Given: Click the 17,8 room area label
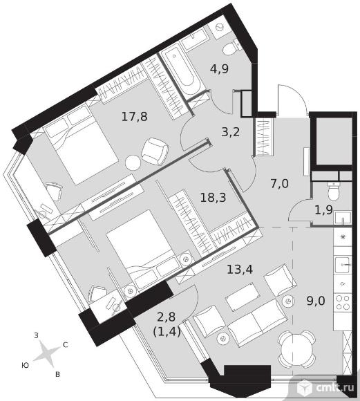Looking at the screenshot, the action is click(135, 117).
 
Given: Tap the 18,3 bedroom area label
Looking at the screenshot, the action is click(214, 198).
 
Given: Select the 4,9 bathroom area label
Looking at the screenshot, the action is click(219, 69).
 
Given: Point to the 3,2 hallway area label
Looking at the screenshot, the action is click(230, 132).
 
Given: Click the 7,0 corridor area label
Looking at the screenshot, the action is click(279, 184).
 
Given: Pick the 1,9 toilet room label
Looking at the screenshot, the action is click(323, 210).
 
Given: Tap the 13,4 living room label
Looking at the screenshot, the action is click(240, 269).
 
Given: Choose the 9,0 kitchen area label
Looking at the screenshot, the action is click(316, 301).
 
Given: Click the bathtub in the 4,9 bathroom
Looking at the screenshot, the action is click(181, 70).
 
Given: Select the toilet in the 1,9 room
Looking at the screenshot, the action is click(333, 191).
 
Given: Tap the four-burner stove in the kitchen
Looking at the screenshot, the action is click(343, 303).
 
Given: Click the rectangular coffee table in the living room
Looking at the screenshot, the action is click(243, 297).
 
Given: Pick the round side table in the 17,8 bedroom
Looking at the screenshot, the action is click(133, 162).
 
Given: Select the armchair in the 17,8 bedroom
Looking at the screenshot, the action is click(155, 151).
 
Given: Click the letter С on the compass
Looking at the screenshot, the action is click(66, 345).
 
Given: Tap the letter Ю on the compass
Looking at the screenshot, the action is click(25, 366).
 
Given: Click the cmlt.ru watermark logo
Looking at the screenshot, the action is click(328, 386).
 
